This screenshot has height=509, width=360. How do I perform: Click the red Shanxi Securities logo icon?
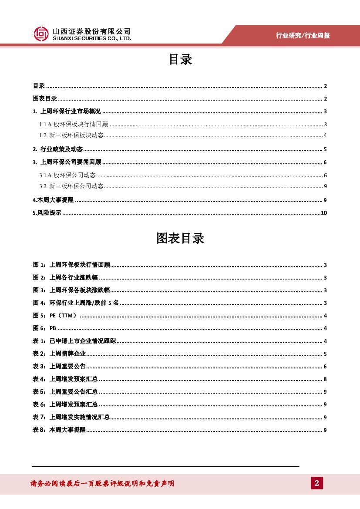(41, 34)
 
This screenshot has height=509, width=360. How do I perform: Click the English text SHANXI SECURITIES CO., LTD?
(91, 38)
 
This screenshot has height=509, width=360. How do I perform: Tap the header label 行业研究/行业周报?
(303, 36)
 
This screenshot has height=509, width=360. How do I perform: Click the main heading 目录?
(180, 60)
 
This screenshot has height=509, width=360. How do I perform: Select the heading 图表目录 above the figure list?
(180, 238)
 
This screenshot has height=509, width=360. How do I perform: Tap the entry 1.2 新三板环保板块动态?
(71, 135)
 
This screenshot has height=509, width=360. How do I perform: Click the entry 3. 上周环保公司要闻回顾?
(67, 162)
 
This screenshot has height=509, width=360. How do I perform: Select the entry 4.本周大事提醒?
(53, 200)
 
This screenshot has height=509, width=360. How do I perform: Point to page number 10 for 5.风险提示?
(323, 213)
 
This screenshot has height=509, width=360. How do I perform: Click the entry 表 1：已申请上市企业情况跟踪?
(74, 341)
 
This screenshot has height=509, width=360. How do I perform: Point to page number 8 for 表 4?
(325, 379)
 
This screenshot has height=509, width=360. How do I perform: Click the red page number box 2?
(317, 483)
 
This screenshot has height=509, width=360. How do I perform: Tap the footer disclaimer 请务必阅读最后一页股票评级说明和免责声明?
(102, 483)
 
